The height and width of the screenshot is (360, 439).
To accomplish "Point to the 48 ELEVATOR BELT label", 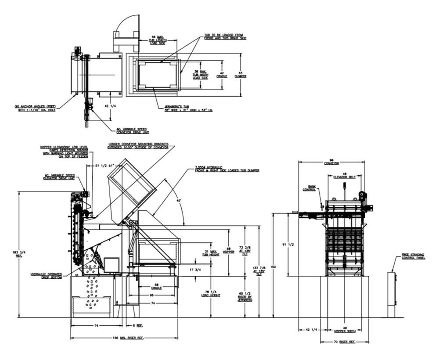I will tap(345, 175).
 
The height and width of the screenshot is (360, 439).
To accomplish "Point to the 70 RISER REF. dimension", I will tap(344, 341).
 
